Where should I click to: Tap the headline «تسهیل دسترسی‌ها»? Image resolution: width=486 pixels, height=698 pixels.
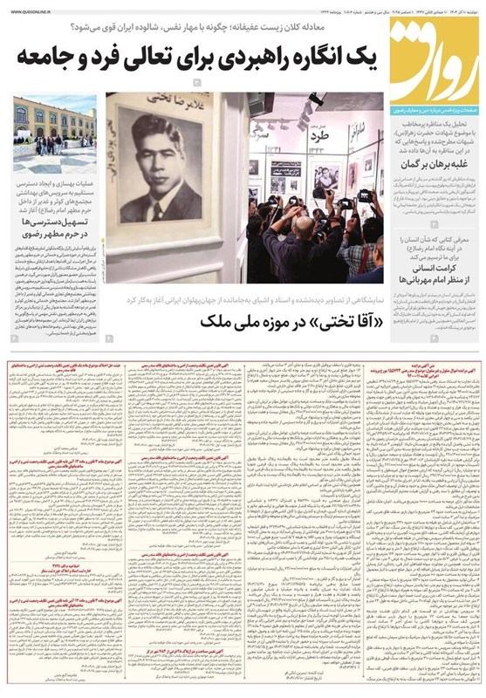tap(60, 224)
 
